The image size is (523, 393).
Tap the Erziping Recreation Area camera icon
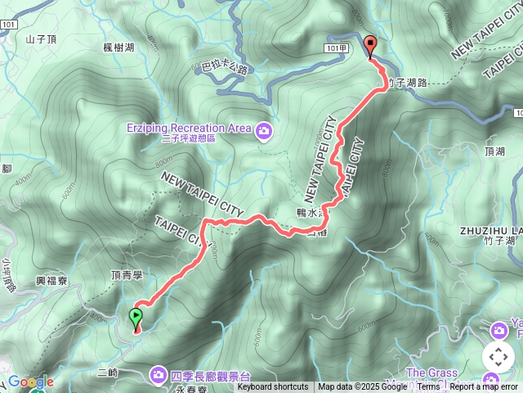coord(263,129)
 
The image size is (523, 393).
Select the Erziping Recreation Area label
coord(189,128)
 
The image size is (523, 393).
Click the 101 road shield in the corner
coord(8,25)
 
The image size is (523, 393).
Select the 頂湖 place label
coord(494,151)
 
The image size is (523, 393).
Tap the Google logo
coord(29,382)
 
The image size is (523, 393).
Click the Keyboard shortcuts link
coord(273,387)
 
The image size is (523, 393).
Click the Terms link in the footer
coord(429,387)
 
